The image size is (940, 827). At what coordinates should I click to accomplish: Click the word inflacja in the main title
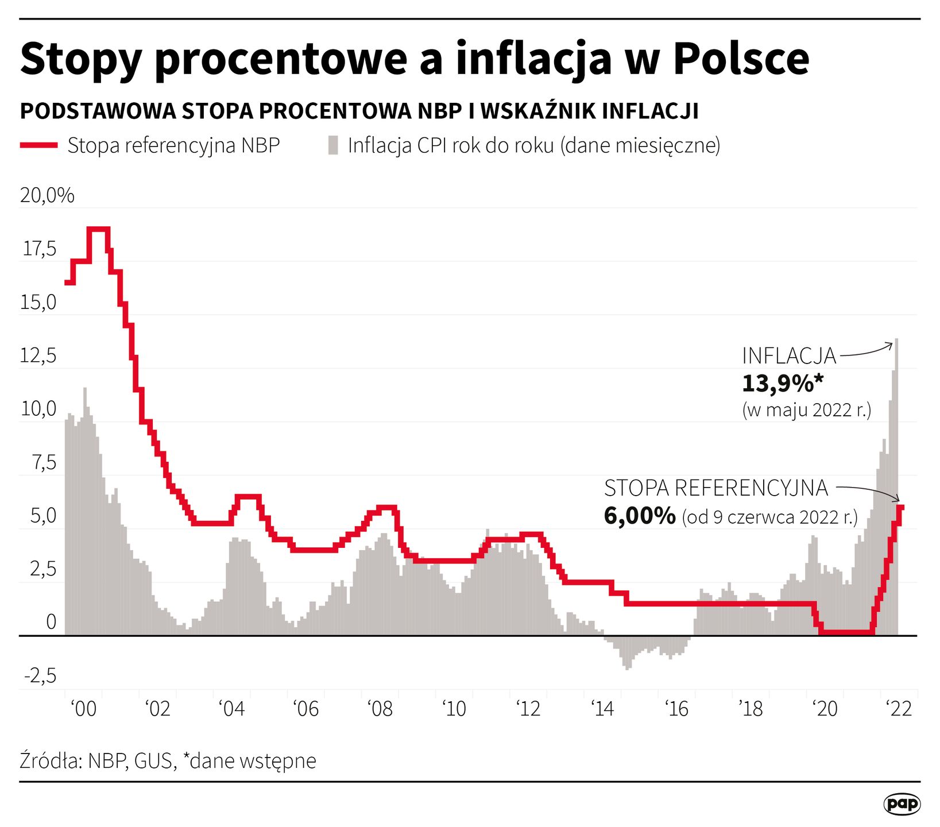click(533, 59)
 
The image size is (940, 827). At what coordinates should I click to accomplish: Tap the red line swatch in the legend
click(38, 146)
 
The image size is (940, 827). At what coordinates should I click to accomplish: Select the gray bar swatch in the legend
click(333, 145)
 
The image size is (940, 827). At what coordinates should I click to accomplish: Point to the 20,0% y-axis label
click(47, 196)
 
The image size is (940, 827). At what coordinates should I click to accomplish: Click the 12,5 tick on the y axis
click(38, 356)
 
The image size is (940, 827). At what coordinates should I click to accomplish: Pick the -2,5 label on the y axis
click(40, 676)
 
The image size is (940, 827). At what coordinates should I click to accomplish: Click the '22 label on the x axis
click(899, 709)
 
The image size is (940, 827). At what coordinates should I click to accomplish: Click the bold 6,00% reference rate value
click(640, 516)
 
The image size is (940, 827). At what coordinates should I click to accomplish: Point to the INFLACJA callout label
click(789, 356)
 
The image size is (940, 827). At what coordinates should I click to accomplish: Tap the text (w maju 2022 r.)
click(807, 410)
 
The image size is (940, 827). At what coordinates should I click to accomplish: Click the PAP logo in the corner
click(902, 804)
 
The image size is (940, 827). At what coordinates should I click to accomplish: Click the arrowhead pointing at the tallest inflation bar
click(891, 345)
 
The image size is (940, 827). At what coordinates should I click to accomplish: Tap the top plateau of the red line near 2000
click(98, 229)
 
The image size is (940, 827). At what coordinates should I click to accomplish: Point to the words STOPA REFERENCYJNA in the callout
click(715, 488)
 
